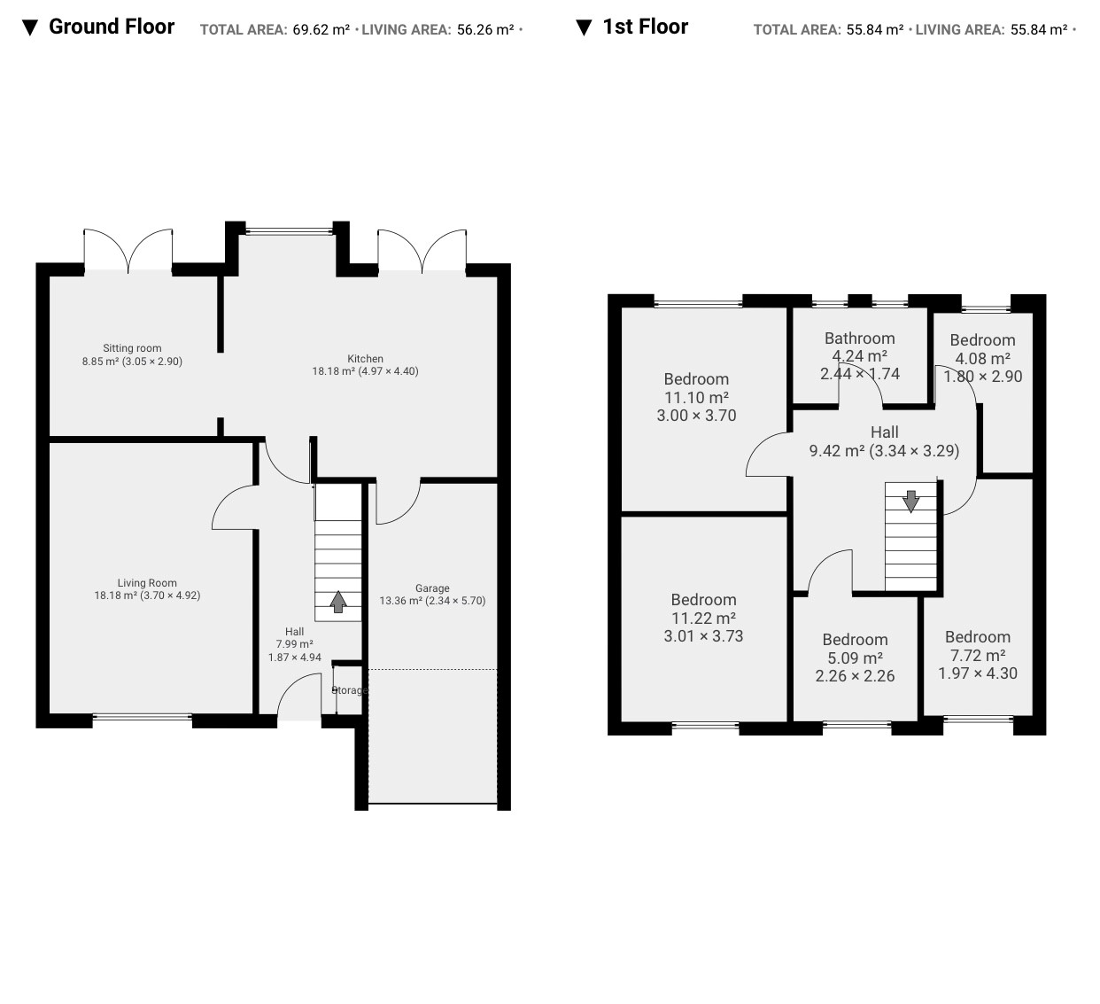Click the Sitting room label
132,348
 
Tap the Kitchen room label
365,358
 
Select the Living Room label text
147,583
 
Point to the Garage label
432,588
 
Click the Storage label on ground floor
350,690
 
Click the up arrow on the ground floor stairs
338,602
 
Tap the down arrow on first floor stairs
910,502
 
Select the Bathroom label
860,338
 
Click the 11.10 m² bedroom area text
696,397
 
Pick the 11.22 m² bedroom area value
703,618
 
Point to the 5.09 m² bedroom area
855,658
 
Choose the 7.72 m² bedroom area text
978,655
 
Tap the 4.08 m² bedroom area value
983,358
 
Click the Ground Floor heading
112,27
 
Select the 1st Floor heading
646,27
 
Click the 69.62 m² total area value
321,29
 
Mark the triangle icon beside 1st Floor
584,27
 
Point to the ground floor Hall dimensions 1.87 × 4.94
294,658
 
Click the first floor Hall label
884,432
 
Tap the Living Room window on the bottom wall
142,716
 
